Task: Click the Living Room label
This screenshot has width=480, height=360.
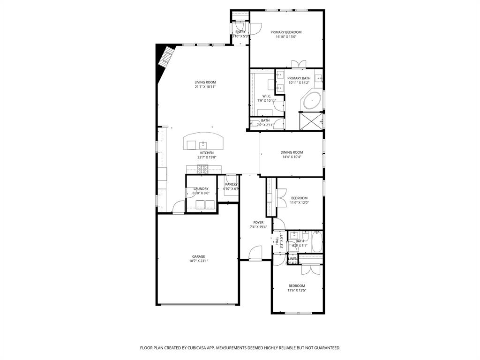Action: (x=205, y=82)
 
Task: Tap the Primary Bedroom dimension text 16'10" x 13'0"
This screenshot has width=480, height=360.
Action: (x=286, y=37)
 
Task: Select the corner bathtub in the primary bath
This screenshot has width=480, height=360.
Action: (x=312, y=100)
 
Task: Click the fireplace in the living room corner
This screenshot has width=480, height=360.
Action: (x=166, y=57)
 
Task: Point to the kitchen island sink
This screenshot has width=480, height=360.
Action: (x=203, y=144)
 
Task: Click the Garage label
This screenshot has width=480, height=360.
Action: (x=198, y=256)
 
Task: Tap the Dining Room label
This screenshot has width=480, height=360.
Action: (x=292, y=152)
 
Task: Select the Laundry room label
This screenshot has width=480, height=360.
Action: (x=201, y=188)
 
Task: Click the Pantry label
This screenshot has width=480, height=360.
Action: (x=231, y=184)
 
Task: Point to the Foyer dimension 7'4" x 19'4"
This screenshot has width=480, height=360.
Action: (x=258, y=227)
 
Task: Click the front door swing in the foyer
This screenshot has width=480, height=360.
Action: (x=256, y=253)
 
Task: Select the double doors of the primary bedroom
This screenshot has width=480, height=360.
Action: (x=298, y=64)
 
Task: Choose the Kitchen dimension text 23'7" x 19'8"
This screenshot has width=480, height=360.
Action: (x=207, y=157)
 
